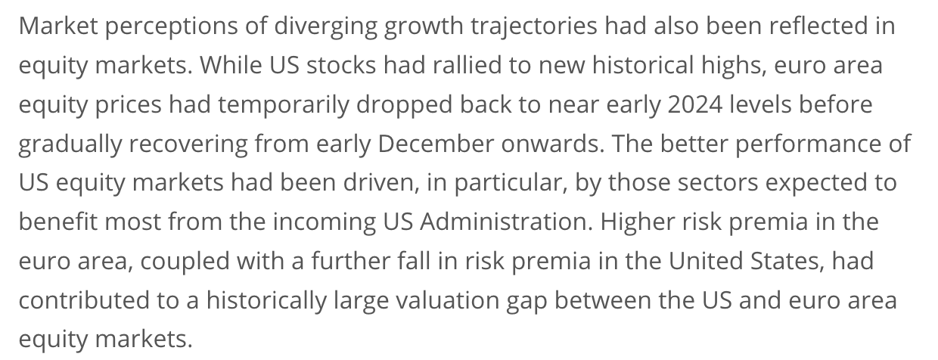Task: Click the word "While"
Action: [231, 66]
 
